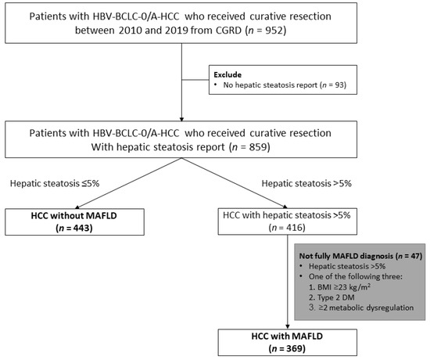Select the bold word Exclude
click(228, 74)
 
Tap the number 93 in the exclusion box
click(339, 85)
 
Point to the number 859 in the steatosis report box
click(258, 147)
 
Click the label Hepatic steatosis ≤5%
click(55, 183)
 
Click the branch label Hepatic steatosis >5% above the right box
click(306, 183)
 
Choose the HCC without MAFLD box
click(74, 222)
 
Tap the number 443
click(82, 229)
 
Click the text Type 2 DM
click(331, 297)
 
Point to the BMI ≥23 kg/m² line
click(339, 287)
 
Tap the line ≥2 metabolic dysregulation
click(361, 308)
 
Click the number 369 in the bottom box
click(295, 349)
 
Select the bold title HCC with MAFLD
click(287, 336)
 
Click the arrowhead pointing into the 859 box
click(181, 119)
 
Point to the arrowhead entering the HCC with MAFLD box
click(288, 327)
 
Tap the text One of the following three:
click(356, 276)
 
